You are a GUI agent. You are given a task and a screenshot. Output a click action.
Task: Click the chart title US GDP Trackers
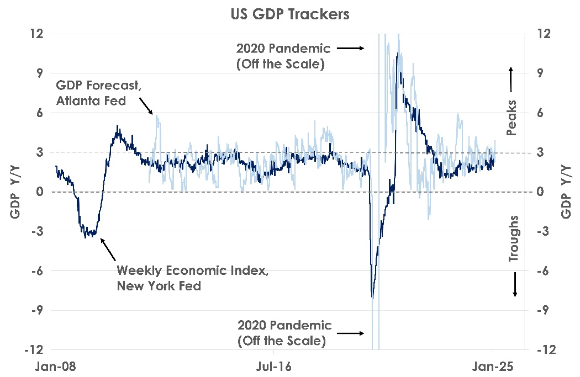click(x=290, y=14)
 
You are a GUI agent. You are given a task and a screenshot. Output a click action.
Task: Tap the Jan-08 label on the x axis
click(x=55, y=365)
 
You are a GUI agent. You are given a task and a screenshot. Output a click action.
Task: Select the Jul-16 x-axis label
click(x=275, y=365)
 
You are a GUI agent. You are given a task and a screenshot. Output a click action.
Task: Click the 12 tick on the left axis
click(x=36, y=34)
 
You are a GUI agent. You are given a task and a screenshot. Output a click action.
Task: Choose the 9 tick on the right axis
click(x=542, y=73)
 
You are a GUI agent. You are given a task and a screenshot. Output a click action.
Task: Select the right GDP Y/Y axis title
click(x=566, y=192)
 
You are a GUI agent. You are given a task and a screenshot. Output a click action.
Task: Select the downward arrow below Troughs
click(x=515, y=284)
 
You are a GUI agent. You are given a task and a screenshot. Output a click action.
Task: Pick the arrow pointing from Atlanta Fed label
click(x=146, y=105)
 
